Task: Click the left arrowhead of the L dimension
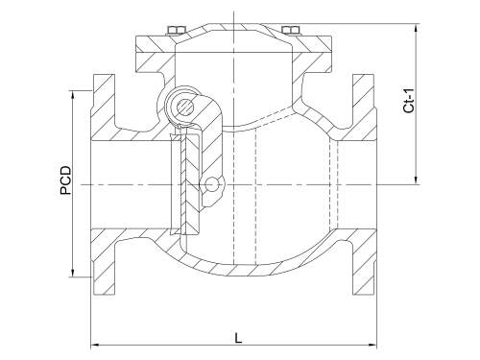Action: [94, 344]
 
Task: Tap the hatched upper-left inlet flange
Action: [101, 106]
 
